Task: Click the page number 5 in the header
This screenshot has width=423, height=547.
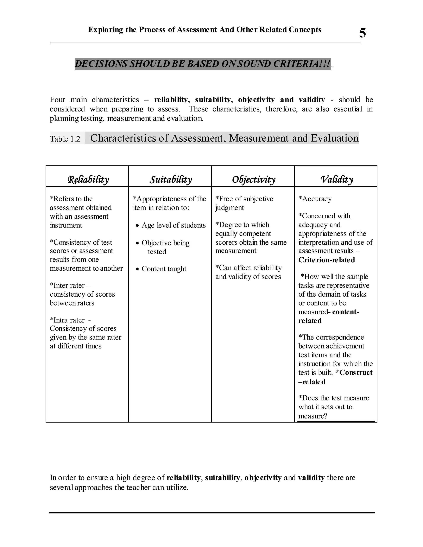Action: pyautogui.click(x=362, y=33)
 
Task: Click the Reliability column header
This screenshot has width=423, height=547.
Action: pyautogui.click(x=88, y=179)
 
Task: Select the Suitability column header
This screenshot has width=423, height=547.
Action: pyautogui.click(x=171, y=179)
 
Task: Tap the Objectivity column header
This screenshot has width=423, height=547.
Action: pyautogui.click(x=254, y=179)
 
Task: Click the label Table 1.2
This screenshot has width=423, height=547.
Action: pyautogui.click(x=65, y=139)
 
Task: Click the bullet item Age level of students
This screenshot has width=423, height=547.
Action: pyautogui.click(x=173, y=225)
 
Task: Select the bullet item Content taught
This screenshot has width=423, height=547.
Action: pyautogui.click(x=164, y=269)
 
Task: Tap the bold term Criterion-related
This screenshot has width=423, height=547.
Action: pyautogui.click(x=327, y=260)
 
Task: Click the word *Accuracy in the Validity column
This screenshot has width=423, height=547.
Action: pyautogui.click(x=315, y=199)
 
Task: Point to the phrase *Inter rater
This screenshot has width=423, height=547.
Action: pyautogui.click(x=67, y=285)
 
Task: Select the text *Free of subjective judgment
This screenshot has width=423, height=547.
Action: pyautogui.click(x=244, y=203)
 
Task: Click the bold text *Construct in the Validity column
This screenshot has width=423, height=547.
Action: pyautogui.click(x=354, y=372)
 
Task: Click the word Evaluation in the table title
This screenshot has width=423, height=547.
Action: pyautogui.click(x=335, y=138)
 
